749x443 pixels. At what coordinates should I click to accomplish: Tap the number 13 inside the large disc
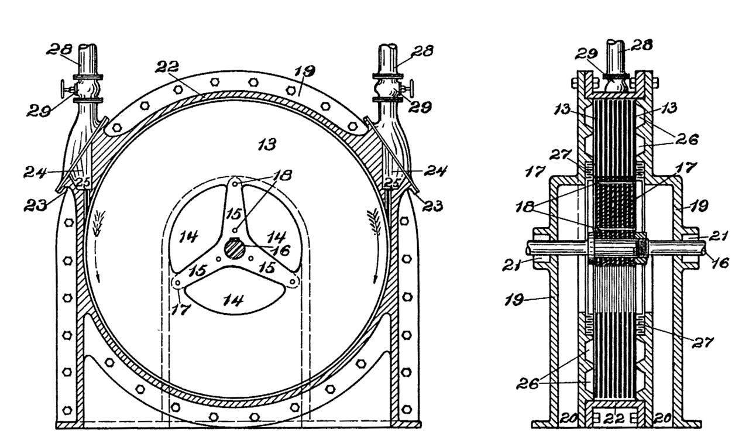click(x=267, y=144)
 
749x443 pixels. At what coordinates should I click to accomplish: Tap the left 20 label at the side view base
click(x=566, y=419)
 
